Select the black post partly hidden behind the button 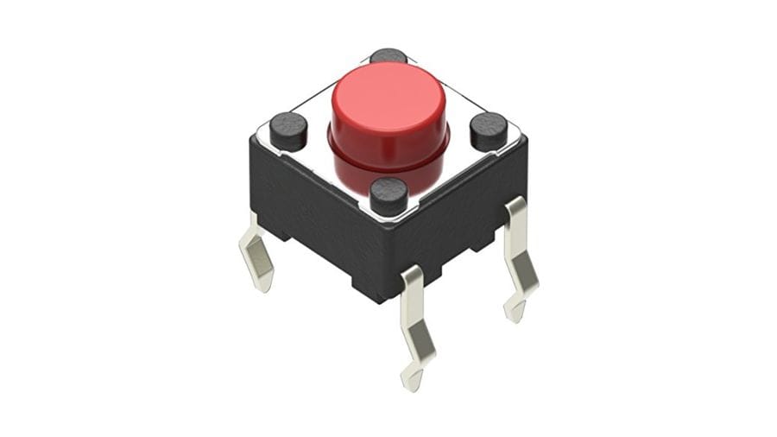pyautogui.click(x=388, y=55)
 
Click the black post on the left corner pyautogui.click(x=288, y=130)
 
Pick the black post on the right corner pyautogui.click(x=489, y=130)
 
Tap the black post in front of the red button pyautogui.click(x=388, y=195)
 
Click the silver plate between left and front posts pyautogui.click(x=332, y=176)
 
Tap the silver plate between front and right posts pyautogui.click(x=445, y=176)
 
